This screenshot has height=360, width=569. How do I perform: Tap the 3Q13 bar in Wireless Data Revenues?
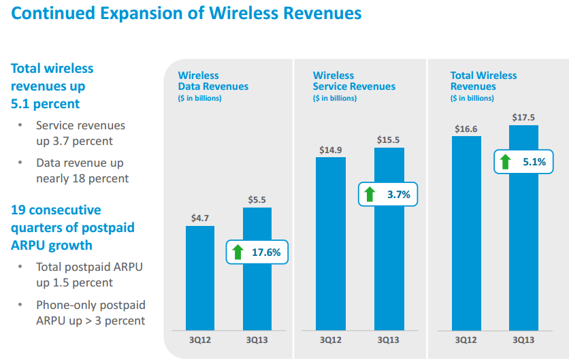257,299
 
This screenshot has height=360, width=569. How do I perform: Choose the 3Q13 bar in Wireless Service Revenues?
389,272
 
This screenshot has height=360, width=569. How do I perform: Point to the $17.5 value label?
523,117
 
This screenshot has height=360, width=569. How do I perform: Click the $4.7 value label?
200,218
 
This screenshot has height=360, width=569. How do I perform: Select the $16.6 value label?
466,128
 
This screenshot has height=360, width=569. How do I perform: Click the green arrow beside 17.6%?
238,252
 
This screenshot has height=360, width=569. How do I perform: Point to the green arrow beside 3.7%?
370,195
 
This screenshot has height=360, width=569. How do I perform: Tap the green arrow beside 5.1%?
505,162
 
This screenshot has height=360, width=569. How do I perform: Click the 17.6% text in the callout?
266,252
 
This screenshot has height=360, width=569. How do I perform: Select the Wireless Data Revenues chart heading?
213,81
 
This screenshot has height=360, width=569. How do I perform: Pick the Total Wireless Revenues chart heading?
483,81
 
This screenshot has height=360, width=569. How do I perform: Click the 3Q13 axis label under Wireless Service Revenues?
389,340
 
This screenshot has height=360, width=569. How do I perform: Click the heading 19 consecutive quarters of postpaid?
56,210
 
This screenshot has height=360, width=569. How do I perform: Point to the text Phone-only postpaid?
91,305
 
